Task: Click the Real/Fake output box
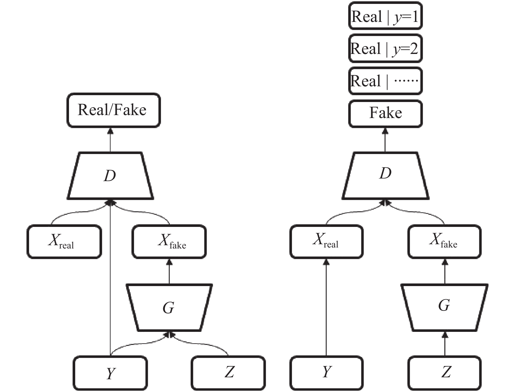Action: point(113,110)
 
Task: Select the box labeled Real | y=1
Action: point(385,16)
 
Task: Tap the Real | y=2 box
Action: point(385,48)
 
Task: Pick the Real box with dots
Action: point(385,81)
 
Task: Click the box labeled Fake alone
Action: point(385,114)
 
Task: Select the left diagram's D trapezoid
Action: point(110,176)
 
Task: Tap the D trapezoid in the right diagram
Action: point(385,176)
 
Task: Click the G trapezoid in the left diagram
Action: point(169,308)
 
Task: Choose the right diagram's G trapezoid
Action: point(445,308)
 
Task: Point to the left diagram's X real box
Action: point(64,242)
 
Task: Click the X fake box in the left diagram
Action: point(169,242)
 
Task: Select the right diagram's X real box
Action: point(326,242)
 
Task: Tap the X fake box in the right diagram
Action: point(445,242)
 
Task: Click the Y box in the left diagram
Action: point(110,373)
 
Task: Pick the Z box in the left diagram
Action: point(228,373)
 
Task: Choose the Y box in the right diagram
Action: point(326,373)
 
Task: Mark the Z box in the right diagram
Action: point(445,373)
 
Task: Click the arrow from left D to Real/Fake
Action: point(110,140)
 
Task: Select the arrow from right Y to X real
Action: point(326,307)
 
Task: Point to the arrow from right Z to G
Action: point(445,344)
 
